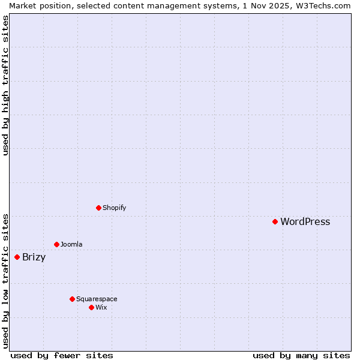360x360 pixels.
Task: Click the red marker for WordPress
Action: point(275,221)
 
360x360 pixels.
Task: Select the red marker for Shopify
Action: point(98,208)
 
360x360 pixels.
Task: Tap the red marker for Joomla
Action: point(56,244)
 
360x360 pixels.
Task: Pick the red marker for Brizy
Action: point(17,257)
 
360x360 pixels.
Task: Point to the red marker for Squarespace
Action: point(72,299)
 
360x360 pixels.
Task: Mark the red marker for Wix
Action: point(91,307)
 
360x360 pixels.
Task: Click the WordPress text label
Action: point(305,221)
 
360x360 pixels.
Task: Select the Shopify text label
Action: point(114,208)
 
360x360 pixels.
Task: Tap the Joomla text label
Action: point(71,244)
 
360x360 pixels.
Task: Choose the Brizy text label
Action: point(34,257)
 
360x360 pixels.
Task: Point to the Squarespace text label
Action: point(97,299)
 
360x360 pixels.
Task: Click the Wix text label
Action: point(101,307)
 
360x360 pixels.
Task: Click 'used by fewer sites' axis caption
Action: point(62,355)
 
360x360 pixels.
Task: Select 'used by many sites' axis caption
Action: point(301,355)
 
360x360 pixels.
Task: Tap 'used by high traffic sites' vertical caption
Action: point(5,85)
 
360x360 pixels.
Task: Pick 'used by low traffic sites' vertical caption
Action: point(5,280)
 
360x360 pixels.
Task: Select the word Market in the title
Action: point(23,5)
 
